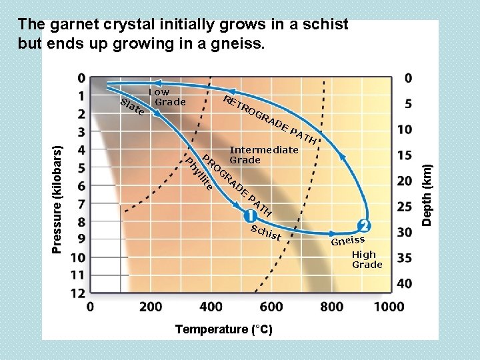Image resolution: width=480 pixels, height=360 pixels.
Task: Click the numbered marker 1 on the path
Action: point(251,216)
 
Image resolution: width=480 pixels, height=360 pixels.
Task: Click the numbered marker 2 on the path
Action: point(364,224)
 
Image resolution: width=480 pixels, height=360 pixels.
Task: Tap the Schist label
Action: point(266,233)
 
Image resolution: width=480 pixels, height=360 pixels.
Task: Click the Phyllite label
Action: point(199,174)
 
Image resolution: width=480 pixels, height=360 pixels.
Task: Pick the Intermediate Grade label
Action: point(263,155)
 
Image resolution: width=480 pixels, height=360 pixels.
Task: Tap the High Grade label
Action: point(367,259)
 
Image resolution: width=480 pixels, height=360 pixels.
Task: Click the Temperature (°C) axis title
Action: point(223,329)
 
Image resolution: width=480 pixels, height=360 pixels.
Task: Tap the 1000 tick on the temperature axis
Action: point(389,307)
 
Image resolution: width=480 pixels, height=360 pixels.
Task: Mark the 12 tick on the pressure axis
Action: point(77,293)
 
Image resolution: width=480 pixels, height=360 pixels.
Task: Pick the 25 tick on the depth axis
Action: point(404,207)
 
